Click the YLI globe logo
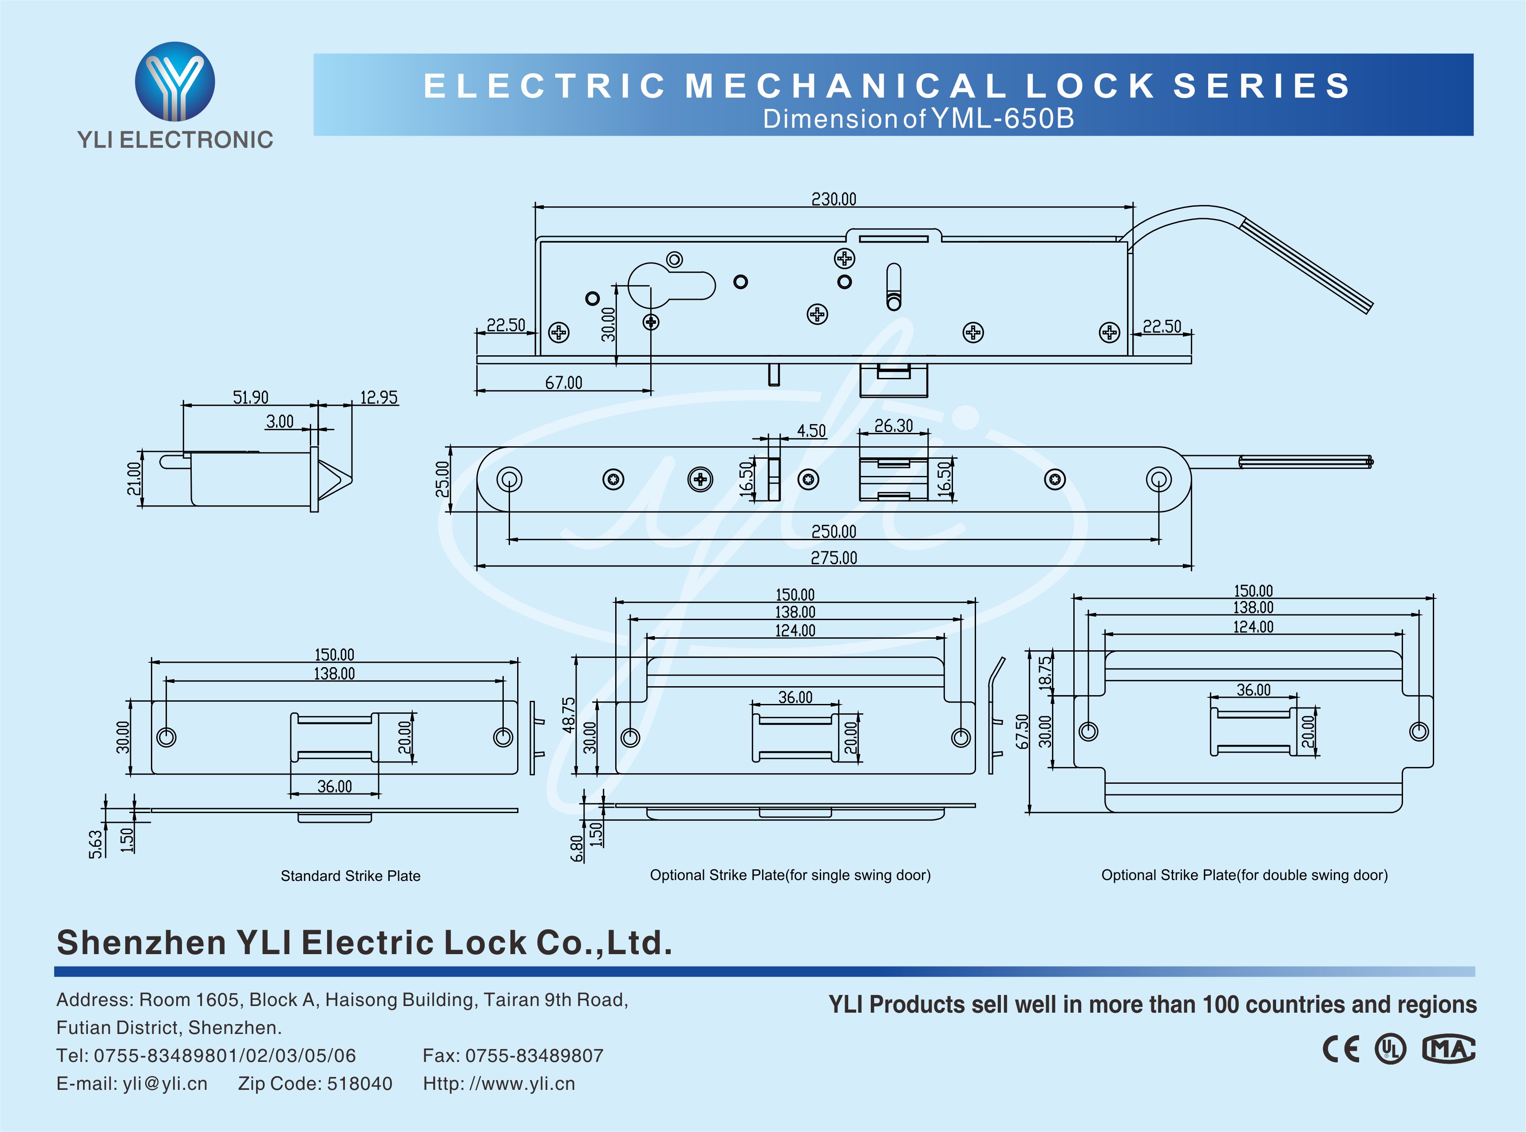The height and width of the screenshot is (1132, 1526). [175, 82]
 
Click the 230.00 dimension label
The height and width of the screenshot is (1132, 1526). [834, 200]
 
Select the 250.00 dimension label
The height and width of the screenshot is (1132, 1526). [834, 532]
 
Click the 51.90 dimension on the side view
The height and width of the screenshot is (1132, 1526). [250, 397]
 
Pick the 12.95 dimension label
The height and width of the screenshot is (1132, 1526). [379, 397]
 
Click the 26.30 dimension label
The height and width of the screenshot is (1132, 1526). [893, 426]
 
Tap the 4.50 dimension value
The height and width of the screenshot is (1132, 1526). [811, 431]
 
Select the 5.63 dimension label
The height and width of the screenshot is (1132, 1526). [95, 844]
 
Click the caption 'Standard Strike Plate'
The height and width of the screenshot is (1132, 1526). [350, 876]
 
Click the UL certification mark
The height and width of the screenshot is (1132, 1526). [1390, 1049]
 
